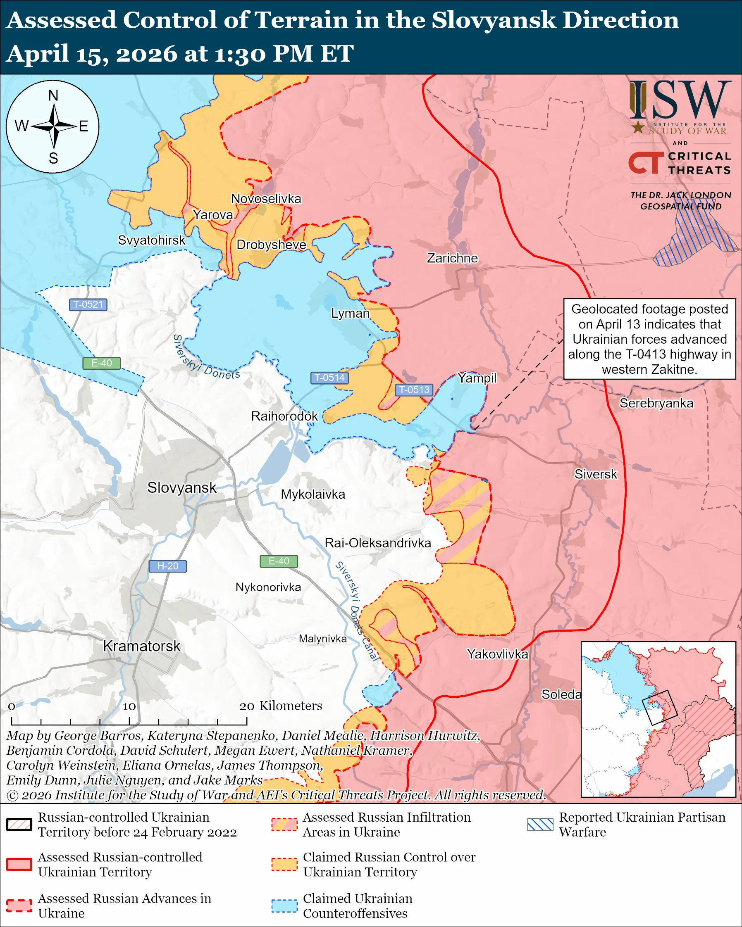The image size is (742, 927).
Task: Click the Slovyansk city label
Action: click(x=181, y=487)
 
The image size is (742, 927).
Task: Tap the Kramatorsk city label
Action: click(x=141, y=646)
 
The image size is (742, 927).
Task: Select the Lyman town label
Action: click(x=350, y=313)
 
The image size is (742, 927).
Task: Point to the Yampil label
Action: click(x=477, y=378)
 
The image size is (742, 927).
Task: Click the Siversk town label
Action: click(x=595, y=474)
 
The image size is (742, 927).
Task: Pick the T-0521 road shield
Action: click(x=88, y=304)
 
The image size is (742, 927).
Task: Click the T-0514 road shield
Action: click(x=329, y=378)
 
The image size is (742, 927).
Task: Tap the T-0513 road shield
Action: click(x=414, y=390)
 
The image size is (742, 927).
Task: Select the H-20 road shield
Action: click(x=167, y=566)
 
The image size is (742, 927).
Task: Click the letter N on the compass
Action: click(x=53, y=95)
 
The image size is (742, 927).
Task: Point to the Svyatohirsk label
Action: click(x=151, y=240)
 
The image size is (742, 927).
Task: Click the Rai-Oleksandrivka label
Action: click(x=378, y=543)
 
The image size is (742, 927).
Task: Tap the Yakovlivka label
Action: click(x=497, y=654)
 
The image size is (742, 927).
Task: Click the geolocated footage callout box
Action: click(x=649, y=339)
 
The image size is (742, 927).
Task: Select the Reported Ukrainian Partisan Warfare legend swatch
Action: click(x=540, y=824)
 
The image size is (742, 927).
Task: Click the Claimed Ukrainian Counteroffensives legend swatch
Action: click(x=284, y=906)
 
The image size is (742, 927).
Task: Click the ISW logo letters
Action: click(x=680, y=100)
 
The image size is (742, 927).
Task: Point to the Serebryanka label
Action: click(x=656, y=403)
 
